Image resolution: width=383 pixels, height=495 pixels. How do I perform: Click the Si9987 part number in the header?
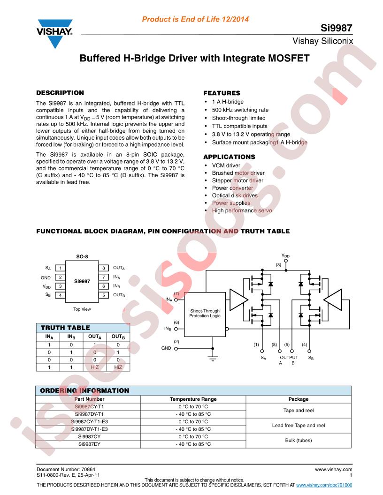click(x=336, y=28)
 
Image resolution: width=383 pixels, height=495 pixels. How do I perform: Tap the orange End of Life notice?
click(x=195, y=19)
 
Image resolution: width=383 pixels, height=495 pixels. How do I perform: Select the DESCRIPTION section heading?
click(x=60, y=93)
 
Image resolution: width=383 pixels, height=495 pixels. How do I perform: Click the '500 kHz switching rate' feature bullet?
click(x=240, y=110)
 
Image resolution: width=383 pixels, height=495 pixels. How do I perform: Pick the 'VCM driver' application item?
click(x=226, y=165)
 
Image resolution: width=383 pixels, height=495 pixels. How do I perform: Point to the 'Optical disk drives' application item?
click(x=235, y=195)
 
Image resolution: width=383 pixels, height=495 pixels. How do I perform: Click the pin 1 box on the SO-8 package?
click(x=60, y=268)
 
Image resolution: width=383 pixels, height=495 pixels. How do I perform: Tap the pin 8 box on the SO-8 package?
click(x=104, y=268)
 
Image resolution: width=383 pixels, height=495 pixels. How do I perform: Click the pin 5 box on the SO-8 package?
click(x=104, y=295)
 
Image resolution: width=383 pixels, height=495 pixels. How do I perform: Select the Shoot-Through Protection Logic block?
click(x=205, y=315)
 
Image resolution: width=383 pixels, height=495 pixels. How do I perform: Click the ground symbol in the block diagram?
click(x=213, y=358)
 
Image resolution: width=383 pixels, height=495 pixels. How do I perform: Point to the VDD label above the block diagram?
click(x=286, y=256)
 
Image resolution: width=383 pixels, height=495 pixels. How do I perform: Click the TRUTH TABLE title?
click(x=65, y=328)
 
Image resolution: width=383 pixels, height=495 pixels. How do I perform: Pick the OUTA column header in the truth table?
click(x=95, y=337)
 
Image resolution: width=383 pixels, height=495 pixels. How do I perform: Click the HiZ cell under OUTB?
click(x=118, y=367)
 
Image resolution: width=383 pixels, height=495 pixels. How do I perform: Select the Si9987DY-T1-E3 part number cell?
click(x=90, y=429)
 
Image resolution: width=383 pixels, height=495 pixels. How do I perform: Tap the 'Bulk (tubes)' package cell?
click(x=299, y=440)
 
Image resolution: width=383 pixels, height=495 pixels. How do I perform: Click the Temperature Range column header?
click(x=193, y=399)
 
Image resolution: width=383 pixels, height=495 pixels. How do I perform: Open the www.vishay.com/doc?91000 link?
click(x=324, y=485)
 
